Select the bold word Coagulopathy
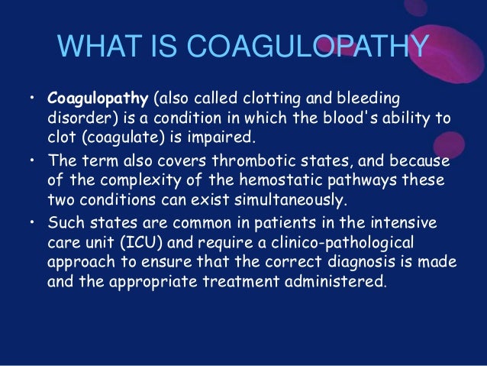(x=98, y=99)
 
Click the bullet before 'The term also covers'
(x=33, y=161)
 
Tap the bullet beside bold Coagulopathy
(x=33, y=99)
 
